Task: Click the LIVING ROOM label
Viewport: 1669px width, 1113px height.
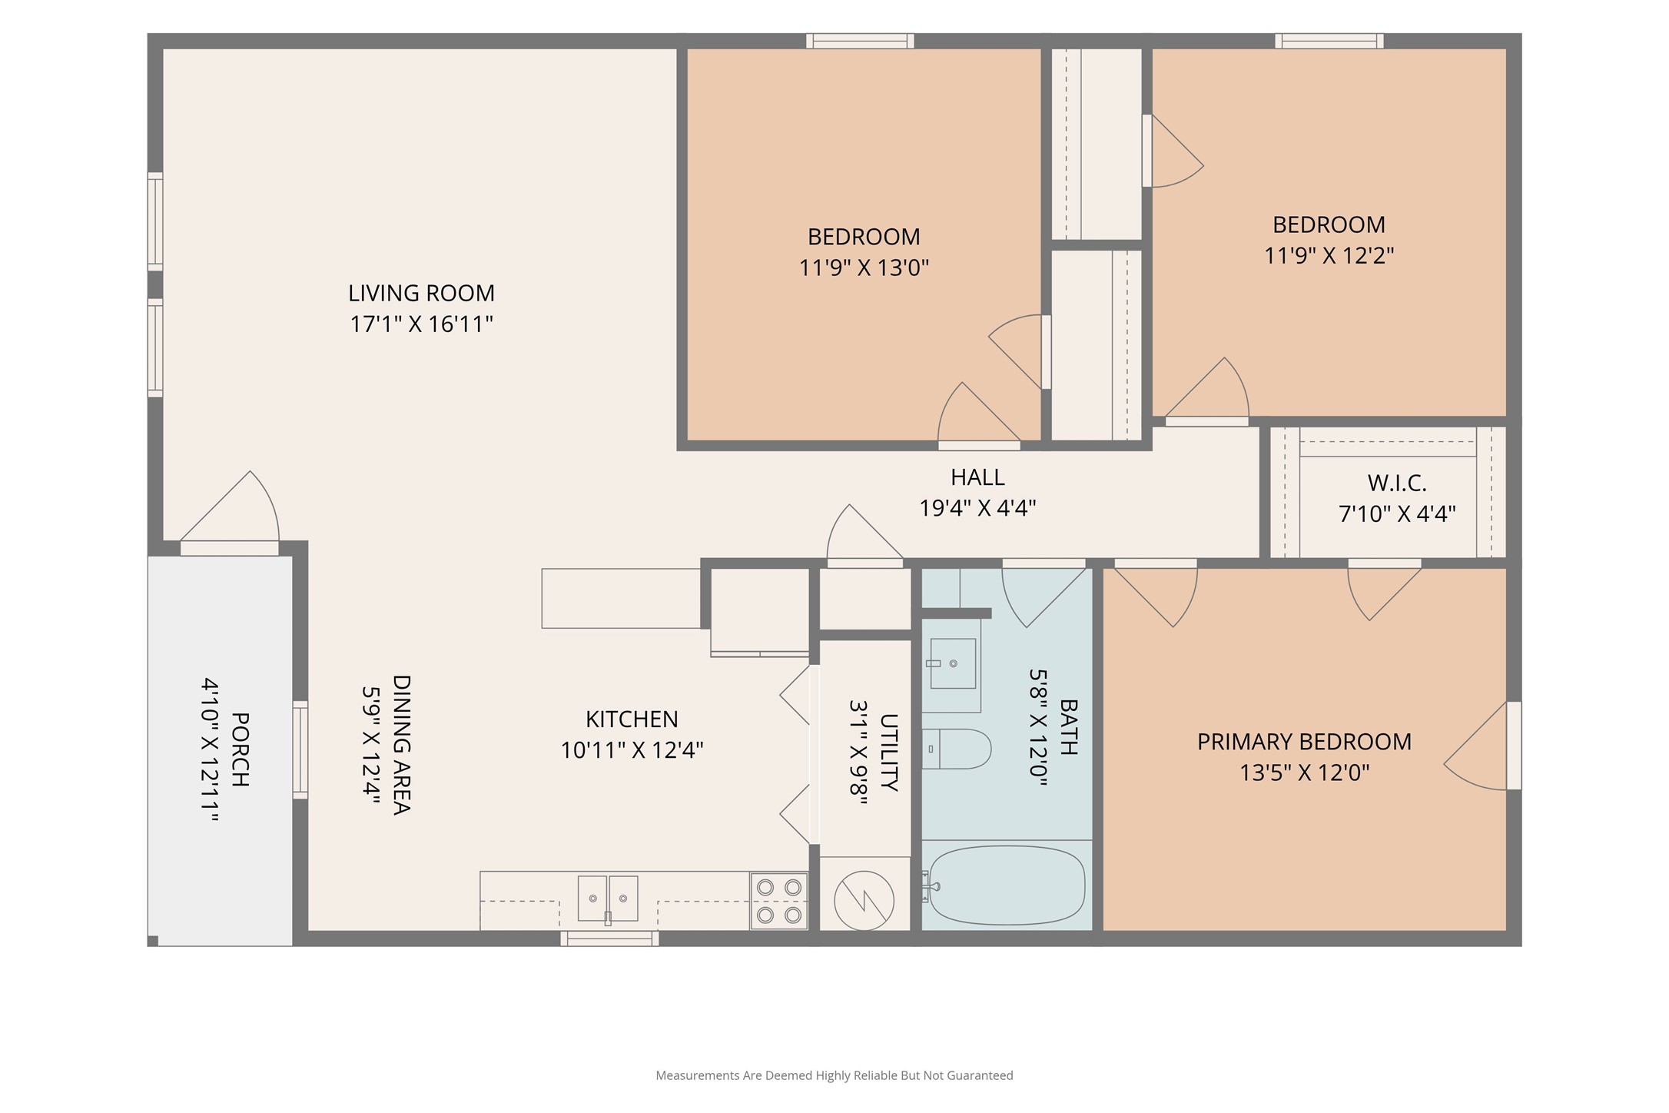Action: (x=421, y=293)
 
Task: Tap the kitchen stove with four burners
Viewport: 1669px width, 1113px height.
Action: (x=779, y=901)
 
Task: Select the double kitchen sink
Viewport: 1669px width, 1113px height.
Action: (x=608, y=899)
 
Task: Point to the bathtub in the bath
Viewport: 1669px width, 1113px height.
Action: (x=1007, y=886)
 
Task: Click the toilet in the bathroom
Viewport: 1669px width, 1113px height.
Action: (x=956, y=749)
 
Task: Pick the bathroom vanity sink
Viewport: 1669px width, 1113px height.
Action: (x=953, y=663)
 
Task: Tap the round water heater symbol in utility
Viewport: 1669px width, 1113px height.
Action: (x=864, y=901)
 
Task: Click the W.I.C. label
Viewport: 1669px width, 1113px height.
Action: (x=1397, y=483)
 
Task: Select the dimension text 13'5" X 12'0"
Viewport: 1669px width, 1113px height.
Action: (x=1305, y=772)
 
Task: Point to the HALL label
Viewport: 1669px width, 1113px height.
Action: (x=977, y=477)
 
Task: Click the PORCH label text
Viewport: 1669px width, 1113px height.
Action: (x=240, y=749)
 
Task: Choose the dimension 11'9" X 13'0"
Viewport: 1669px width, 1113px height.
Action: (x=864, y=268)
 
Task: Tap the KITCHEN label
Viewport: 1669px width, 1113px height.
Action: (x=632, y=719)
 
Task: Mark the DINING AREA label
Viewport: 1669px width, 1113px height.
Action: (x=402, y=745)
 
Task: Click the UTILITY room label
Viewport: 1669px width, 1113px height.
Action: (x=889, y=753)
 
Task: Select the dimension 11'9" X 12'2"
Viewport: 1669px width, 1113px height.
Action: (x=1329, y=255)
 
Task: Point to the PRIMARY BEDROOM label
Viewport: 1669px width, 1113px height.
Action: (x=1305, y=742)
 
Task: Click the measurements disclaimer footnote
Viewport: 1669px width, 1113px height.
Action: (x=834, y=1075)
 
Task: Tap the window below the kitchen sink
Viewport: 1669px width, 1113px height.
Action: (x=609, y=939)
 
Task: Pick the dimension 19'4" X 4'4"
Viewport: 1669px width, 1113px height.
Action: (x=977, y=508)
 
